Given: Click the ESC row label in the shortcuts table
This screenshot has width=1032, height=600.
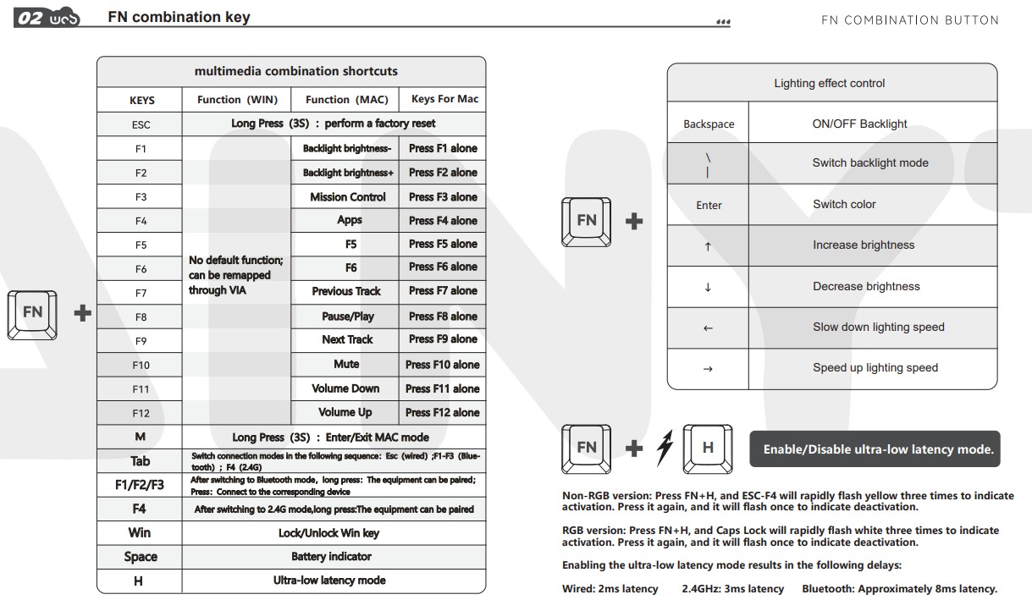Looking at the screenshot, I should (141, 124).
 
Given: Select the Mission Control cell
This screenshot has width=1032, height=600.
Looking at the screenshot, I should (347, 196).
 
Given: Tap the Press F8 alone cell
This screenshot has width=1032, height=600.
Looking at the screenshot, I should (443, 316).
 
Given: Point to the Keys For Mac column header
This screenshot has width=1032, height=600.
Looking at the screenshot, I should (444, 99).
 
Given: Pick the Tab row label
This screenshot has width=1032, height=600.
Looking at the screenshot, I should (141, 461).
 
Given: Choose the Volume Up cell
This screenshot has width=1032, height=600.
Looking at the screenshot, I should (345, 412).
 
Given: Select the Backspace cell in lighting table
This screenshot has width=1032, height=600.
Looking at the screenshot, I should (709, 124).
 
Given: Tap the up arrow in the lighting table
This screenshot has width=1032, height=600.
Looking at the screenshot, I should (708, 246).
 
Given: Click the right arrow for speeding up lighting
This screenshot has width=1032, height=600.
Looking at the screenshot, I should (708, 368).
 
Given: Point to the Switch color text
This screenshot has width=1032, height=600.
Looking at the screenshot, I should (844, 204).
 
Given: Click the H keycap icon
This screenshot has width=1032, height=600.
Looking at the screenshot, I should (708, 449).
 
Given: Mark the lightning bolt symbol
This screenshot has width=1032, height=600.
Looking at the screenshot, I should (665, 449).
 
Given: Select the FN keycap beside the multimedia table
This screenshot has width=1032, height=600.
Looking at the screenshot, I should (32, 313).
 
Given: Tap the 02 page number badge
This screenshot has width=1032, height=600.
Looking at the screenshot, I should (30, 18).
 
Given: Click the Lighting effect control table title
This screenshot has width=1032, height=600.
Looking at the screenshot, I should (830, 83).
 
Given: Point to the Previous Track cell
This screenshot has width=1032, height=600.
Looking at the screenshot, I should (346, 291).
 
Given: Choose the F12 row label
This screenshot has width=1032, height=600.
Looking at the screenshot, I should (141, 413).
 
